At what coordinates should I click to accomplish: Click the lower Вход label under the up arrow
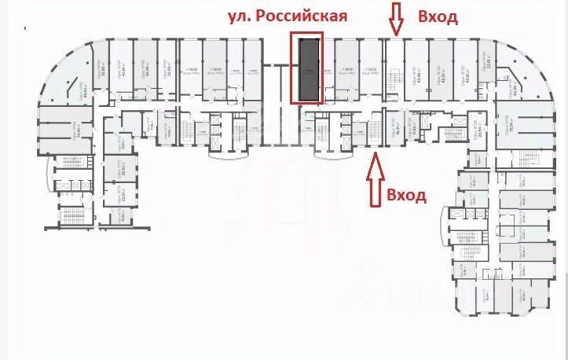(406, 194)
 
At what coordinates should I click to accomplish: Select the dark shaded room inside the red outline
(307, 68)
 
